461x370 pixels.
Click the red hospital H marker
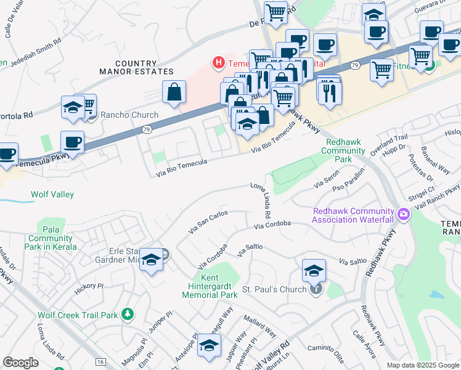218,62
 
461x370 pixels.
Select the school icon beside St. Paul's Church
314,270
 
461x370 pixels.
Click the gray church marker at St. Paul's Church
315,289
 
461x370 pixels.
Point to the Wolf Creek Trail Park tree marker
127,315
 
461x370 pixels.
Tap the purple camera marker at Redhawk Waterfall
404,215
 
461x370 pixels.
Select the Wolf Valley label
52,195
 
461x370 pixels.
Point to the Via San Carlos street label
208,221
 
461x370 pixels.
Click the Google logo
20,363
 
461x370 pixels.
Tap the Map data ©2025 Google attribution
423,365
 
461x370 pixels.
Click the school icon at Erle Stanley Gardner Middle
152,260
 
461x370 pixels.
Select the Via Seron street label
327,183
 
